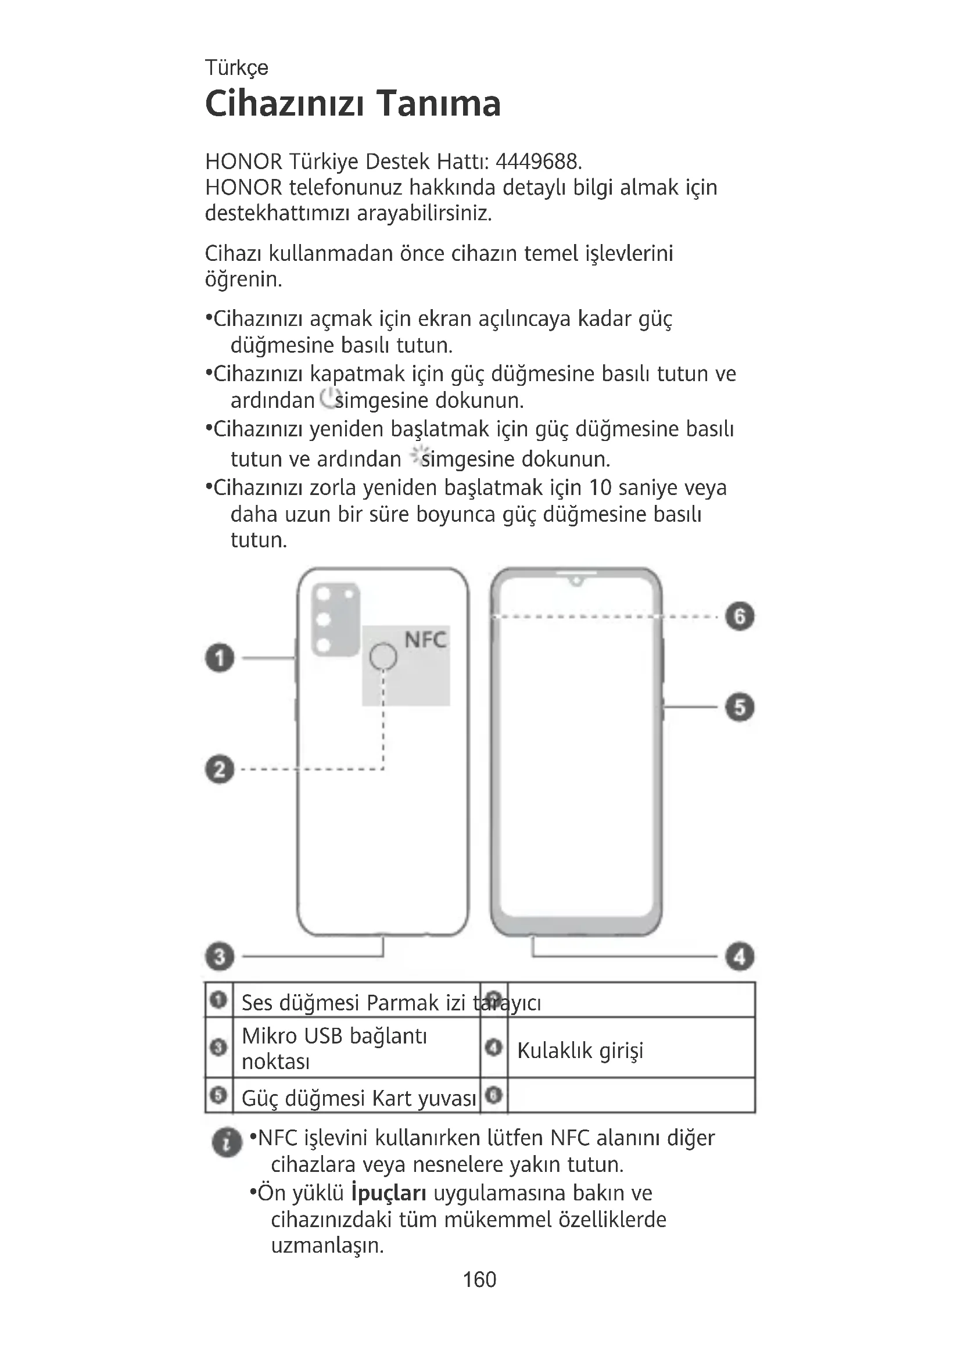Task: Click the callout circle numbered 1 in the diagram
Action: pos(220,658)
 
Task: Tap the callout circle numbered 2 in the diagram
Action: pos(220,769)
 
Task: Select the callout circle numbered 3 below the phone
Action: pos(220,956)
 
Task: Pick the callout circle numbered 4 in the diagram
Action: pos(740,956)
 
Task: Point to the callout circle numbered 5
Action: pos(740,707)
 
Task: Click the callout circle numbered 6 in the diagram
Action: pos(740,616)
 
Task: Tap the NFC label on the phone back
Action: pos(425,640)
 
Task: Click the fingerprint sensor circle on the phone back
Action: pos(383,656)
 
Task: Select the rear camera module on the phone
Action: pos(335,619)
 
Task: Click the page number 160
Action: pos(479,1279)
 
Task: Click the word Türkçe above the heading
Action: pos(236,67)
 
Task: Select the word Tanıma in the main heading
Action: pos(439,103)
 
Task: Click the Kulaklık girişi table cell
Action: pos(580,1050)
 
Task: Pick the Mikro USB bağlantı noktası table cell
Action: pos(334,1048)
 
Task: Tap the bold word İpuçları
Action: pos(388,1193)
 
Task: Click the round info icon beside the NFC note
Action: pos(227,1142)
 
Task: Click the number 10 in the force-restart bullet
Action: pos(600,487)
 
